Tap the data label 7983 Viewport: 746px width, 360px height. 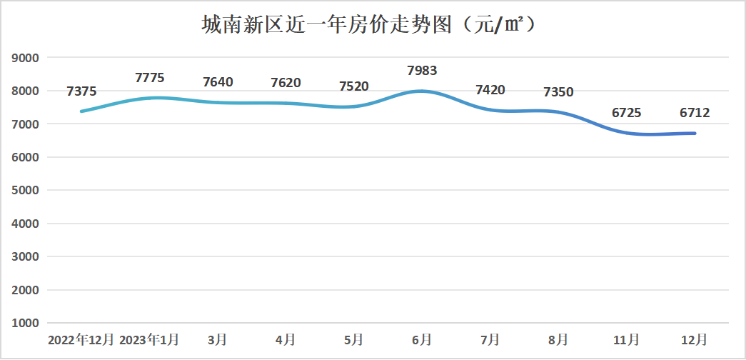click(x=422, y=71)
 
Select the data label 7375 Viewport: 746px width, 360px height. click(x=81, y=91)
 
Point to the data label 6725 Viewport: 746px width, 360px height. click(x=627, y=113)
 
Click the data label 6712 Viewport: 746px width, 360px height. click(x=695, y=113)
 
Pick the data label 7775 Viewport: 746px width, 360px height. click(x=150, y=78)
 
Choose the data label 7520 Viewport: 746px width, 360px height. click(x=354, y=86)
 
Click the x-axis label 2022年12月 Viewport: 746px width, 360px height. click(x=81, y=339)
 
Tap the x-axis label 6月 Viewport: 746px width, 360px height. click(x=422, y=339)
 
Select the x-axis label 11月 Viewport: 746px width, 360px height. click(x=627, y=339)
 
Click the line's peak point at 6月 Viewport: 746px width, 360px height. click(x=422, y=91)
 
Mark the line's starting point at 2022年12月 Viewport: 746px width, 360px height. click(x=81, y=111)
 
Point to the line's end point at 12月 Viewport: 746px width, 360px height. click(x=695, y=133)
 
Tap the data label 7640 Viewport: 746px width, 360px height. click(x=218, y=82)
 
